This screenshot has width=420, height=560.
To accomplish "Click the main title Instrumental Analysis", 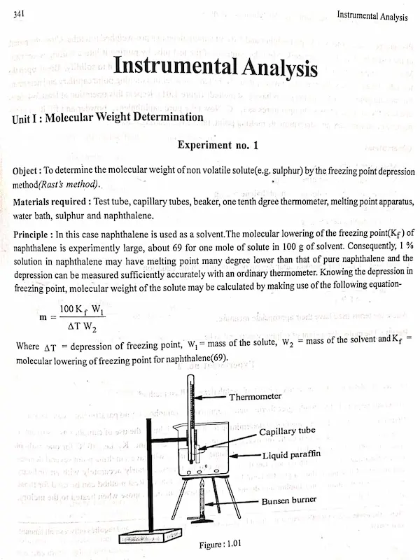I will click(216, 69).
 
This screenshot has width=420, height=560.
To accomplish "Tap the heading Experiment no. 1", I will click(218, 146).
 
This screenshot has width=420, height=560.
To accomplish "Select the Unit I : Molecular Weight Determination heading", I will click(108, 118).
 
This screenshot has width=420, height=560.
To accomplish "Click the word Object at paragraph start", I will click(27, 171).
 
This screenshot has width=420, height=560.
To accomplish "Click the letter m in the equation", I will click(43, 317).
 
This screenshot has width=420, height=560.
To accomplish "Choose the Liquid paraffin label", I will click(292, 456).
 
